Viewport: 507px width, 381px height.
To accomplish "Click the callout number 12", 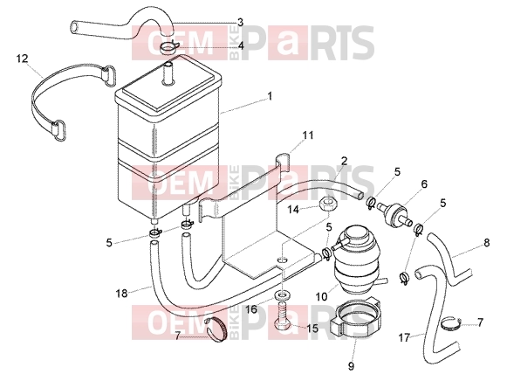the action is pyautogui.click(x=23, y=59).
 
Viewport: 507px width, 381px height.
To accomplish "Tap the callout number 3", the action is pyautogui.click(x=240, y=23).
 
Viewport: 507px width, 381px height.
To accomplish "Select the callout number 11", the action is pyautogui.click(x=308, y=135).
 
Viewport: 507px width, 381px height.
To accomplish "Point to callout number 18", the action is pyautogui.click(x=121, y=294).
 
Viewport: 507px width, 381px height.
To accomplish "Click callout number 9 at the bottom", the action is pyautogui.click(x=351, y=366).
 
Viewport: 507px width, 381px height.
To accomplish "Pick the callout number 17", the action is pyautogui.click(x=404, y=338).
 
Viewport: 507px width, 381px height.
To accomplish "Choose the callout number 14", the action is pyautogui.click(x=293, y=210).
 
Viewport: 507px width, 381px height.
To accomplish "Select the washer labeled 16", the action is pyautogui.click(x=282, y=295).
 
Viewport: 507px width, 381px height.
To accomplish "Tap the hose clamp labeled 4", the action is pyautogui.click(x=168, y=48).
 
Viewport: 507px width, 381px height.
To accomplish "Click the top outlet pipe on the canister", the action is pyautogui.click(x=168, y=74).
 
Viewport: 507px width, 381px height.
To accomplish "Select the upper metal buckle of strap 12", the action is pyautogui.click(x=108, y=75).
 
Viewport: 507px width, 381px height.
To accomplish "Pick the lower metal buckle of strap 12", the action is pyautogui.click(x=58, y=130).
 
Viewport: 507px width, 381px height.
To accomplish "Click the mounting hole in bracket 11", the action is pyautogui.click(x=282, y=260).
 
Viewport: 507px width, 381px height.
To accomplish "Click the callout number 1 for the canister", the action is pyautogui.click(x=270, y=96).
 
